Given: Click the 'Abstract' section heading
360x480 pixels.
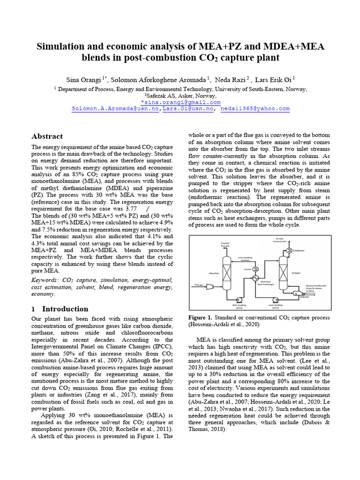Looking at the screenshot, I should click(x=47, y=136).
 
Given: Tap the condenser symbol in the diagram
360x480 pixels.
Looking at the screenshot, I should click(x=290, y=250).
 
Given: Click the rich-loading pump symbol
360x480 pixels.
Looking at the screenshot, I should click(x=240, y=299).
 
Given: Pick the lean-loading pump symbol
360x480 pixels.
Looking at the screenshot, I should click(x=275, y=299).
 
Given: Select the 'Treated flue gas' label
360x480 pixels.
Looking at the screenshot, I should click(x=225, y=244).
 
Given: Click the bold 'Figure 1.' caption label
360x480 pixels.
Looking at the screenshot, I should click(x=200, y=317).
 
